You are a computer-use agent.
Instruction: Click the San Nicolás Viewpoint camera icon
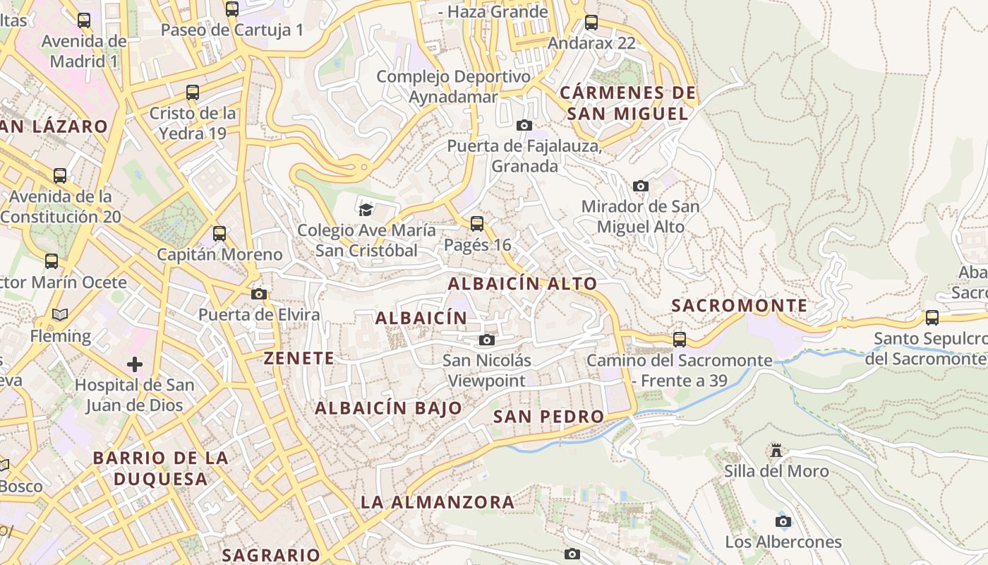click(486, 340)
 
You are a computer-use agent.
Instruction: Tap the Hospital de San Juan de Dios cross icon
click(134, 364)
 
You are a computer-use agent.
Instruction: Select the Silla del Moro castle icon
click(776, 451)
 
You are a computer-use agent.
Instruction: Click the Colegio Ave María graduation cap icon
click(366, 209)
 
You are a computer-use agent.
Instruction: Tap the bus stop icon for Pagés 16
click(477, 224)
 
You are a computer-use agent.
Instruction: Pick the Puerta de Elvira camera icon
click(259, 294)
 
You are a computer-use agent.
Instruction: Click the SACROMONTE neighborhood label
click(739, 306)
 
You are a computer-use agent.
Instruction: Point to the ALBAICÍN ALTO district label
click(522, 284)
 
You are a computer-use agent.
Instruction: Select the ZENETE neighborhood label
click(299, 359)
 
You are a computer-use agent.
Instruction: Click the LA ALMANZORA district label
click(438, 503)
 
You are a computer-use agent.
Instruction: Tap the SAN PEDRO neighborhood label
click(548, 417)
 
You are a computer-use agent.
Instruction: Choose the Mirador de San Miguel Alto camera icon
click(641, 186)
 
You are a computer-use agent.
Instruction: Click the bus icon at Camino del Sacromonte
click(680, 340)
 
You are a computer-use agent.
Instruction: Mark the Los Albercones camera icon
click(783, 522)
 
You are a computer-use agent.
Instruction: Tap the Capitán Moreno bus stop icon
click(219, 234)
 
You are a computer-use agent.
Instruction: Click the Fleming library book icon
click(60, 315)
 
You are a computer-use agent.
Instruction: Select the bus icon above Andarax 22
click(591, 23)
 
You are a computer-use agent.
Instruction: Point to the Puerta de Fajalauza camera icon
click(524, 126)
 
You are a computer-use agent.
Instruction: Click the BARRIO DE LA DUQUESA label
click(160, 468)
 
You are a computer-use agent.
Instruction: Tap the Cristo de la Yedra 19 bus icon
click(192, 93)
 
